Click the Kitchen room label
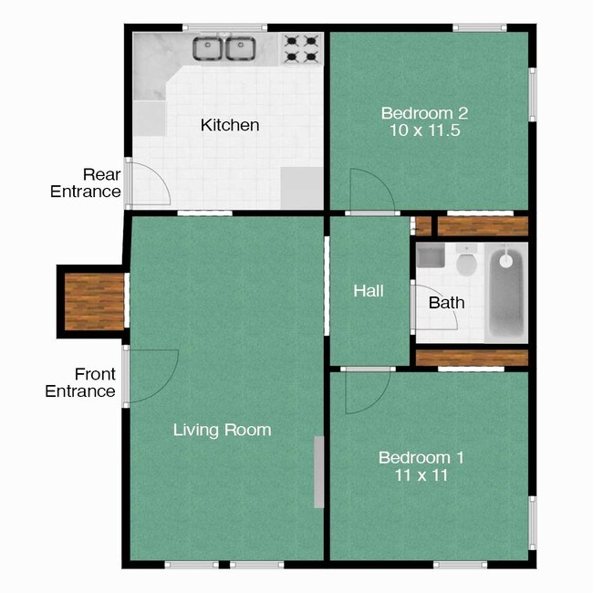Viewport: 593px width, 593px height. [230, 125]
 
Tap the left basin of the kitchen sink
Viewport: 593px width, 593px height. [207, 48]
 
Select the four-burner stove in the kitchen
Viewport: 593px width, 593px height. [301, 48]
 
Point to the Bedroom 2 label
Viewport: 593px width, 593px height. [425, 113]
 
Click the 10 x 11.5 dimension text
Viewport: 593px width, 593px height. [425, 130]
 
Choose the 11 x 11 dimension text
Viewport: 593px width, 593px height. [421, 475]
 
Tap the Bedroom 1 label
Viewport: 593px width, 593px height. [421, 458]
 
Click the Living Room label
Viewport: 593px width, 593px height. [223, 430]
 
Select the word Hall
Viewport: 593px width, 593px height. [369, 291]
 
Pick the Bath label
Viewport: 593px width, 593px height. [447, 303]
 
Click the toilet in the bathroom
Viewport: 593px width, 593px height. [467, 261]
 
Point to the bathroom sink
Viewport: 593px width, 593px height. [431, 255]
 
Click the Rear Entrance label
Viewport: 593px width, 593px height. [86, 183]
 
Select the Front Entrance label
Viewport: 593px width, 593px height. [80, 382]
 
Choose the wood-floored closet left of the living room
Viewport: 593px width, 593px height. [94, 301]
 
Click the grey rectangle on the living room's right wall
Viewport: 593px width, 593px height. [318, 472]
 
